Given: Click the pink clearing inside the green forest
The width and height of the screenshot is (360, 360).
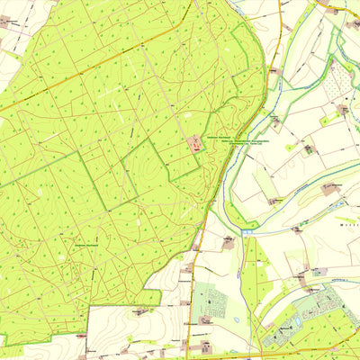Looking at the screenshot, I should pyautogui.click(x=195, y=141).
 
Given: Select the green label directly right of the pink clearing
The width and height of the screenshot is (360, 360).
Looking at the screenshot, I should pyautogui.click(x=220, y=138).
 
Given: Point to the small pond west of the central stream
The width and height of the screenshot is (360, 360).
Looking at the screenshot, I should pyautogui.click(x=236, y=318).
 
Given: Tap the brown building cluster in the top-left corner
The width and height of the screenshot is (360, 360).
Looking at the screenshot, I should pyautogui.click(x=7, y=20).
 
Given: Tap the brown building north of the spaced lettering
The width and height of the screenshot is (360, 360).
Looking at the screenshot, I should pyautogui.click(x=329, y=189).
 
